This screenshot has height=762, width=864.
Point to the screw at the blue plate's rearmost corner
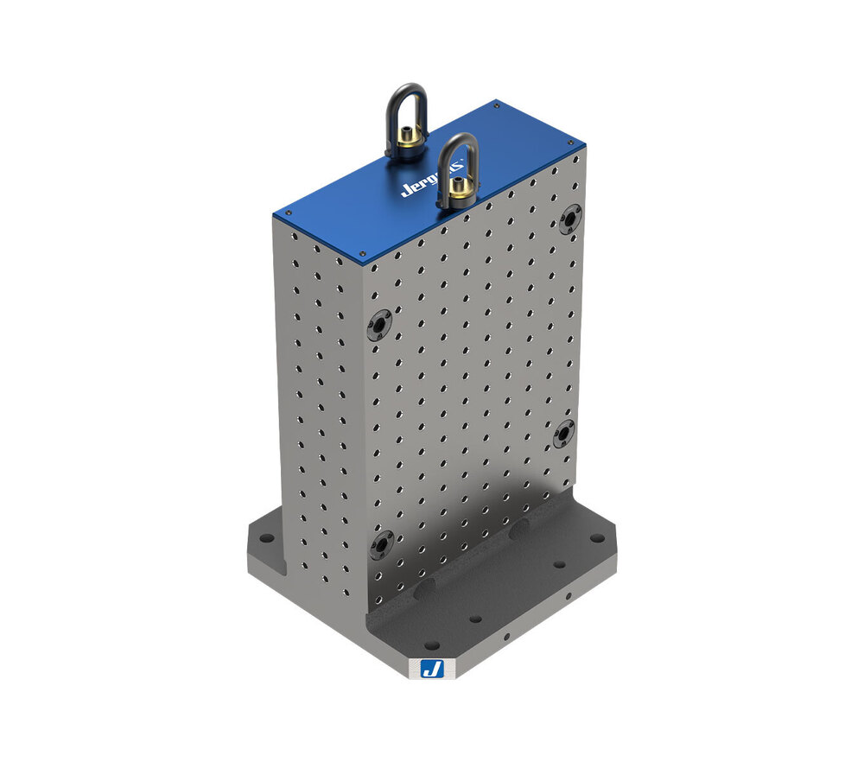pos(496,105)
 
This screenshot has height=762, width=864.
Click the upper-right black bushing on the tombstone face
pos(569,219)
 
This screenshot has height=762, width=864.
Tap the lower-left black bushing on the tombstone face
pos(382,544)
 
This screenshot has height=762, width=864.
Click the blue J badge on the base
pos(430,668)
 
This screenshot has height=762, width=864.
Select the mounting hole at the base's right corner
pos(597,539)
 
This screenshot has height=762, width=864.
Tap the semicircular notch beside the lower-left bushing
pos(423,590)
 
